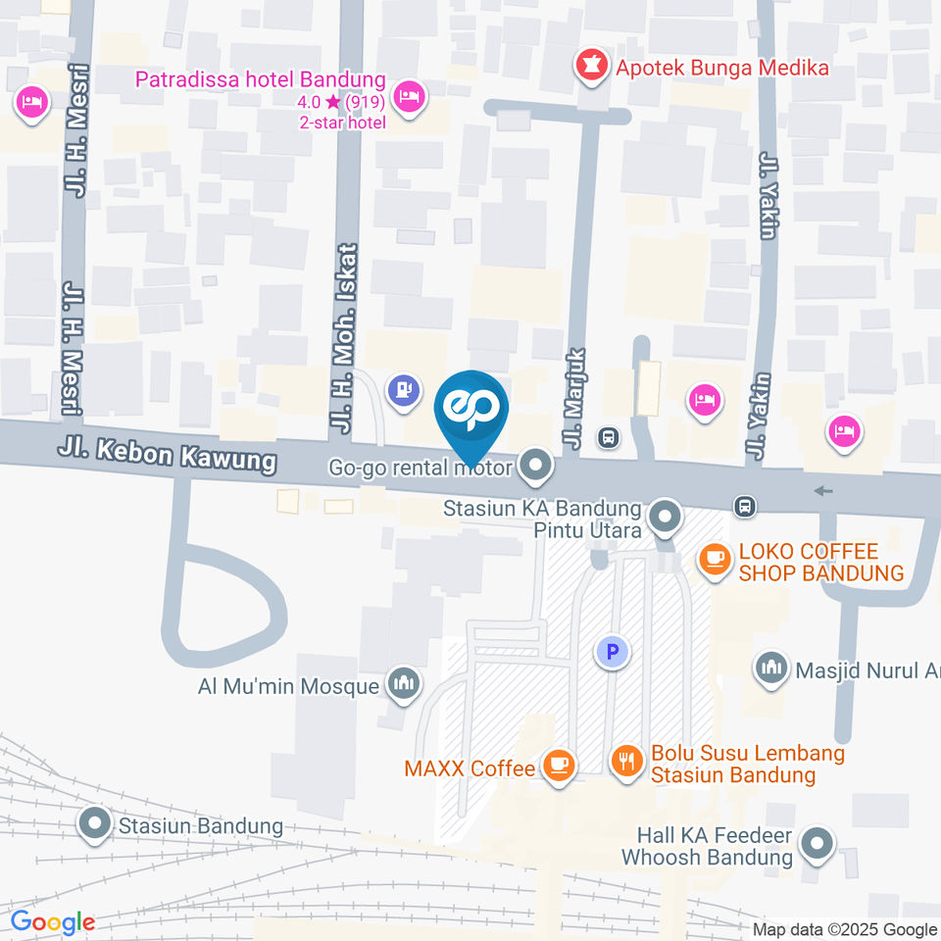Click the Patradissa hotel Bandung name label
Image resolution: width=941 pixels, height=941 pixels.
(261, 78)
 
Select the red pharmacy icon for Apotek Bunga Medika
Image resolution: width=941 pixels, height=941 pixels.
(590, 66)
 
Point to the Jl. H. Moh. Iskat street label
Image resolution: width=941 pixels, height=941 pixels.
(344, 337)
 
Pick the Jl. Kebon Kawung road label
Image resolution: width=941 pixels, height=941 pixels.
(167, 455)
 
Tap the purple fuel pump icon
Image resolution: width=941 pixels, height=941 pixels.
(403, 390)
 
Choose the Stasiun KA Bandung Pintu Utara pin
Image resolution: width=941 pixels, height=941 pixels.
(667, 516)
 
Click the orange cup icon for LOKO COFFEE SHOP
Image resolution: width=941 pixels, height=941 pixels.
(714, 559)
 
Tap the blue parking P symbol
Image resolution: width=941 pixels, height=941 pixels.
(614, 650)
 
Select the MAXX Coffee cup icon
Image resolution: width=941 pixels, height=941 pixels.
(559, 766)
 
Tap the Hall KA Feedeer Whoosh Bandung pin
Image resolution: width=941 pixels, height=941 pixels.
(817, 843)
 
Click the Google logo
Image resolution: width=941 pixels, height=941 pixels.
(52, 922)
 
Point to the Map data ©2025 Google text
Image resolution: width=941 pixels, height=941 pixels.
(845, 929)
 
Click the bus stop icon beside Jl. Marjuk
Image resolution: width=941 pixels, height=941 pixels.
(610, 436)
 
